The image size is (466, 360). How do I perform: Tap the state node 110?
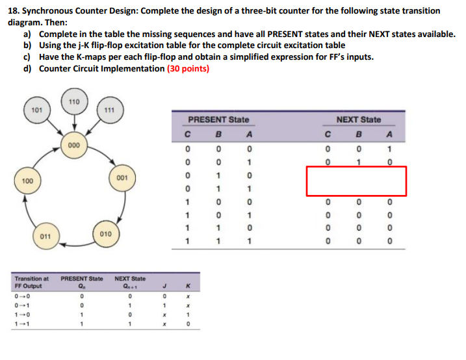(x=73, y=102)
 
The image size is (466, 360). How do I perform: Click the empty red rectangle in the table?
(x=356, y=181)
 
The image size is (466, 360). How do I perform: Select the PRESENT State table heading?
(x=218, y=120)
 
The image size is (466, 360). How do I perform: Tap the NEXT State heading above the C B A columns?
(x=359, y=120)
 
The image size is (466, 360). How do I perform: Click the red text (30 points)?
(x=188, y=68)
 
